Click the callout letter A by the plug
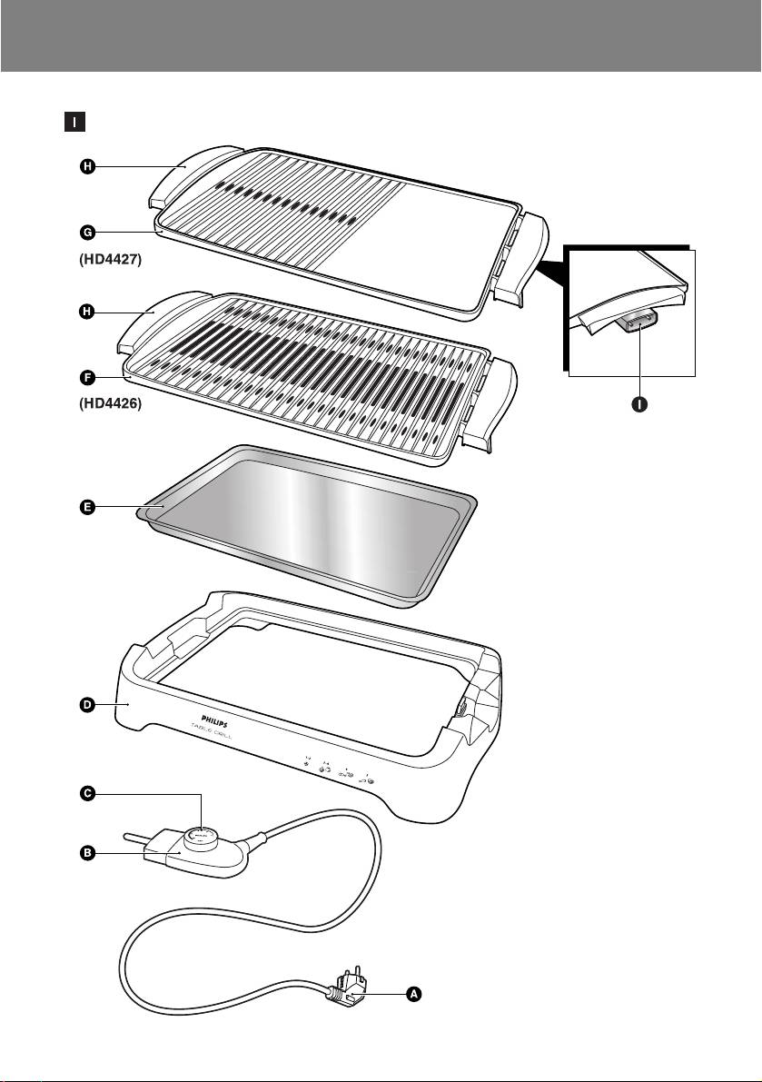click(413, 995)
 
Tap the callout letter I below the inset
click(640, 404)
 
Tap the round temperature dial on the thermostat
click(201, 834)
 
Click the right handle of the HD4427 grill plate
click(522, 256)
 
